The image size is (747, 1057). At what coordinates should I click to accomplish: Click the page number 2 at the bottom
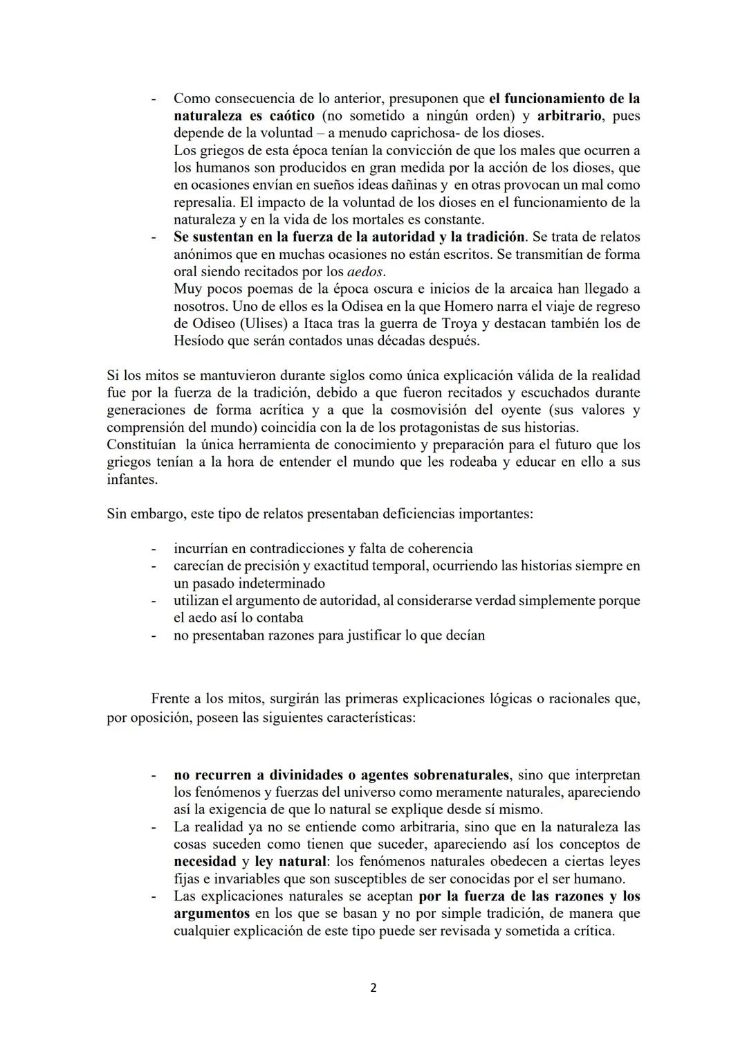tap(373, 988)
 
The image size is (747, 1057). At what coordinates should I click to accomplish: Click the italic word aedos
tap(365, 272)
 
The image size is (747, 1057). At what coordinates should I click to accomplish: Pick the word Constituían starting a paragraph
tap(141, 444)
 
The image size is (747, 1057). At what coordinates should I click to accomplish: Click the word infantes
tap(131, 479)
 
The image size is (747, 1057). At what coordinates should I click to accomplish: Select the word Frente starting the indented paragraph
tap(171, 698)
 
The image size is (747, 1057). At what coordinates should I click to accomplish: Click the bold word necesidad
tap(205, 862)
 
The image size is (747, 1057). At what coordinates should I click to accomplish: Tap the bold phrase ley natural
tap(290, 862)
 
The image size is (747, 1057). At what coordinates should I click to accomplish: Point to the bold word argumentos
tap(212, 914)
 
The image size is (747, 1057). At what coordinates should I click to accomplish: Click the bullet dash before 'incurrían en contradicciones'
tap(154, 549)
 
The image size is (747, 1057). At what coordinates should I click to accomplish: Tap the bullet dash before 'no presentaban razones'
tap(154, 635)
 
